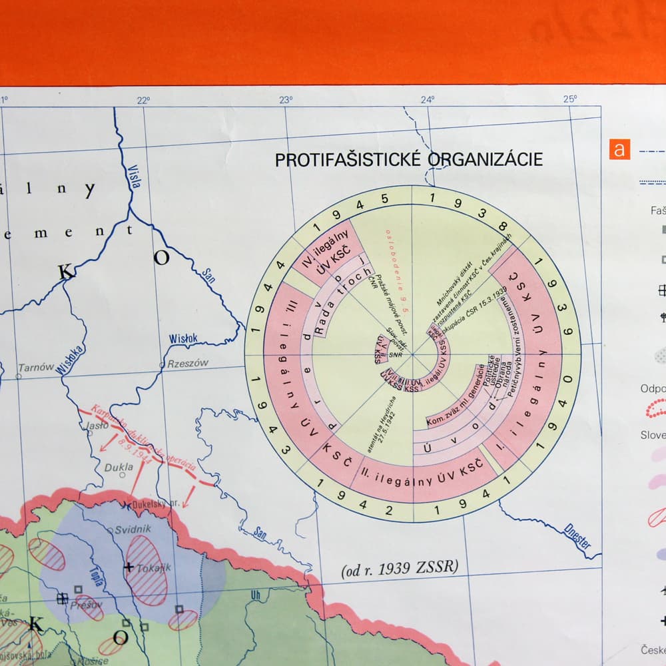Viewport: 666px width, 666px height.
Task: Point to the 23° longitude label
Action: (x=286, y=100)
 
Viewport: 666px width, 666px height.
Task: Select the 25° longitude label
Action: (x=569, y=99)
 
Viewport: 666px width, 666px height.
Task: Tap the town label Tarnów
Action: (x=36, y=368)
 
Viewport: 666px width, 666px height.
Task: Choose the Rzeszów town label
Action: (x=188, y=363)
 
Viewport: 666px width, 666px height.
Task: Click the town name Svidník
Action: (x=133, y=529)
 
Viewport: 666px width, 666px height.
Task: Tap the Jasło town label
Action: (x=97, y=424)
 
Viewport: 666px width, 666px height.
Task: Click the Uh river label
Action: (x=256, y=595)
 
